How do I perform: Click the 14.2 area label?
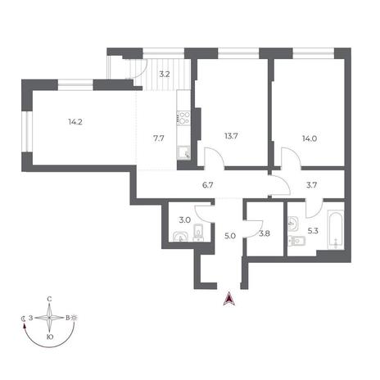tap(75, 122)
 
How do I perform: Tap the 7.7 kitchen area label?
tap(158, 138)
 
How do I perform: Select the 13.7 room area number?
tap(231, 136)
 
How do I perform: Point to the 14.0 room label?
tap(310, 138)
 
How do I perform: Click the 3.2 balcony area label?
tap(165, 74)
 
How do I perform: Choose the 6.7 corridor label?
tap(207, 185)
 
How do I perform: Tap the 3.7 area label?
tap(311, 185)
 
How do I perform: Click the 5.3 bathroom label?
tap(313, 231)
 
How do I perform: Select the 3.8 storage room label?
tap(265, 233)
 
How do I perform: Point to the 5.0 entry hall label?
tap(230, 236)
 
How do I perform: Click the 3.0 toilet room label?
tap(184, 220)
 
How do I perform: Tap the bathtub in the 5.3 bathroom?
tap(335, 229)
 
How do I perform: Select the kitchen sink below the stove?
tap(183, 153)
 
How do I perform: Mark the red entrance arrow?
tap(229, 298)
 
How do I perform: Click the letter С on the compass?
tap(49, 300)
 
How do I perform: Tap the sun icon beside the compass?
tap(75, 318)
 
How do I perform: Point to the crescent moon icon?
tap(24, 319)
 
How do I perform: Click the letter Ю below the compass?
tap(49, 337)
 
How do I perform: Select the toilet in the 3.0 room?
tap(198, 233)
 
